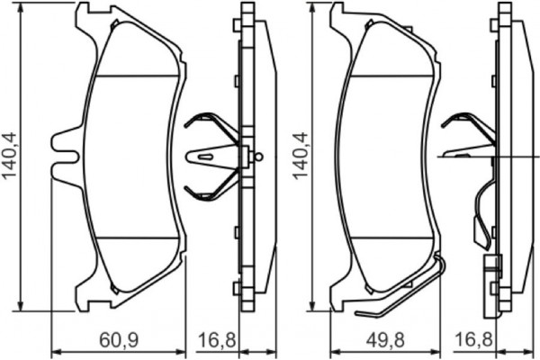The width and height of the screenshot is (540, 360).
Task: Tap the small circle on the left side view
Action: click(259, 157)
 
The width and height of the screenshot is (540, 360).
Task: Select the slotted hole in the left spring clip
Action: click(206, 157)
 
